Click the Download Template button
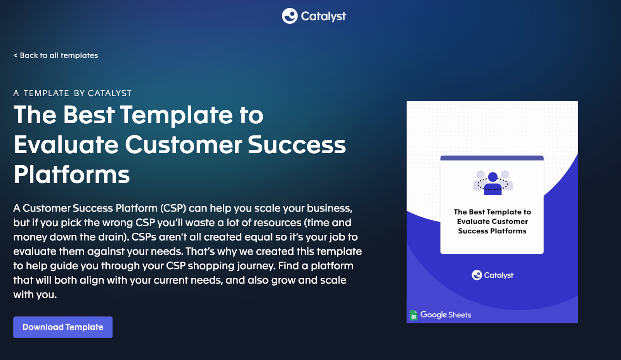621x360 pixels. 63,327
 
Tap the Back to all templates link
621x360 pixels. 56,55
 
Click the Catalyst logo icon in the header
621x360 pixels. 290,16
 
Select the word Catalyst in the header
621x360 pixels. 324,16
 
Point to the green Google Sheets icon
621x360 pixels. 414,315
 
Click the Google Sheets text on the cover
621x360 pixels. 446,315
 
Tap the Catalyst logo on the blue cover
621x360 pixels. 493,275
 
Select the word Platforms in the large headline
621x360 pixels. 72,175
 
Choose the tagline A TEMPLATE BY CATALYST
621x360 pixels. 72,93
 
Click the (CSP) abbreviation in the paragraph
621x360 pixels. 173,208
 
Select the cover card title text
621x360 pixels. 492,222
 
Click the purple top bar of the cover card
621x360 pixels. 492,158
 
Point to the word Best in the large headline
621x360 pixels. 89,115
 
